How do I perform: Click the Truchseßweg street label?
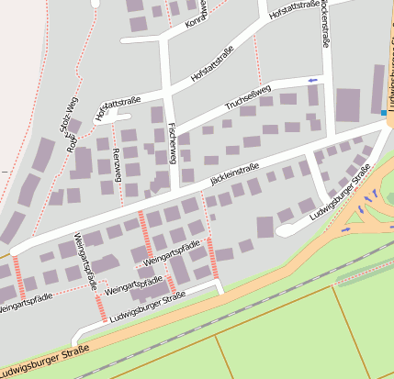pyautogui.click(x=247, y=99)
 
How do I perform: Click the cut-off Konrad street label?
pyautogui.click(x=197, y=14)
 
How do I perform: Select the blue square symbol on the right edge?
pyautogui.click(x=384, y=113)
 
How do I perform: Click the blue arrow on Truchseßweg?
pyautogui.click(x=313, y=81)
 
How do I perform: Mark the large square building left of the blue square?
pyautogui.click(x=348, y=106)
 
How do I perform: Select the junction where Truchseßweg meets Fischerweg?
pyautogui.click(x=169, y=129)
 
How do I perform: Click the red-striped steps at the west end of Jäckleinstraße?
pyautogui.click(x=19, y=270)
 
